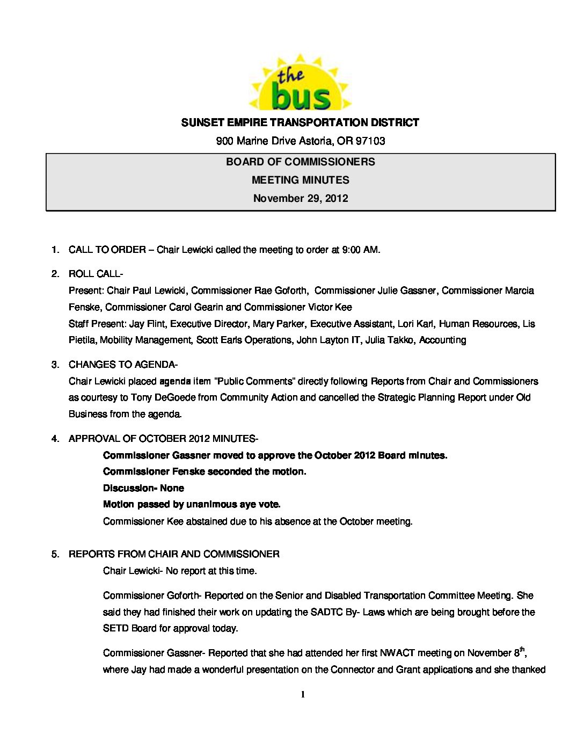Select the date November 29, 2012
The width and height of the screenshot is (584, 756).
301,198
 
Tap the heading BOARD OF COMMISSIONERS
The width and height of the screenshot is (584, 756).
301,162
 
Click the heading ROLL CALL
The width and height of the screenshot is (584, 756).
94,274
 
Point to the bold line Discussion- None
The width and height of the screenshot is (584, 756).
143,488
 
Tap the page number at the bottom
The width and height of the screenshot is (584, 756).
303,694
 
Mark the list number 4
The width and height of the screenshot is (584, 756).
54,439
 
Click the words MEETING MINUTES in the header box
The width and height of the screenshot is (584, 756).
301,180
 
